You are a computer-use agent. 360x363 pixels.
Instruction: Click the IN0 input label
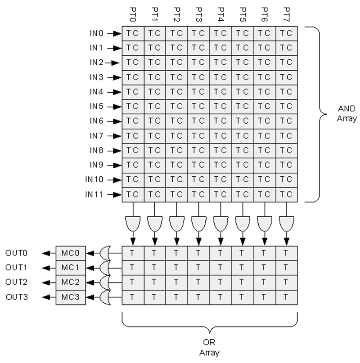coord(97,33)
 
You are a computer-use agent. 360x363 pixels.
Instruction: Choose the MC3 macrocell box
coord(70,297)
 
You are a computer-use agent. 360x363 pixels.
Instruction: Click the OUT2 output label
coord(17,282)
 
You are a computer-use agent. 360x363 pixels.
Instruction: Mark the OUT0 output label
coord(17,253)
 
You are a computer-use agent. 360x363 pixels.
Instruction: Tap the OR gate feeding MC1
coord(106,268)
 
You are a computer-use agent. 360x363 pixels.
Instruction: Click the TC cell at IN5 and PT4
coord(220,106)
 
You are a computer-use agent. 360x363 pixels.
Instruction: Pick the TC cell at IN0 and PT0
coord(133,33)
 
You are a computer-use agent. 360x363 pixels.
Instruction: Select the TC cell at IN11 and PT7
coord(286,194)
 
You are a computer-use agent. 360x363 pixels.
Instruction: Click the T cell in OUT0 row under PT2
coord(176,253)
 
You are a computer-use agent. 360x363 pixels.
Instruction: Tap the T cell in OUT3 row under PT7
coord(286,297)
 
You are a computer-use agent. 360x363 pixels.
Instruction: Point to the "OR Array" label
coord(210,347)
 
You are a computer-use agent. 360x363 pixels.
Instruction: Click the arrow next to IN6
coord(117,121)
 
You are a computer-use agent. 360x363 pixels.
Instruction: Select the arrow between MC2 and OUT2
coord(45,282)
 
